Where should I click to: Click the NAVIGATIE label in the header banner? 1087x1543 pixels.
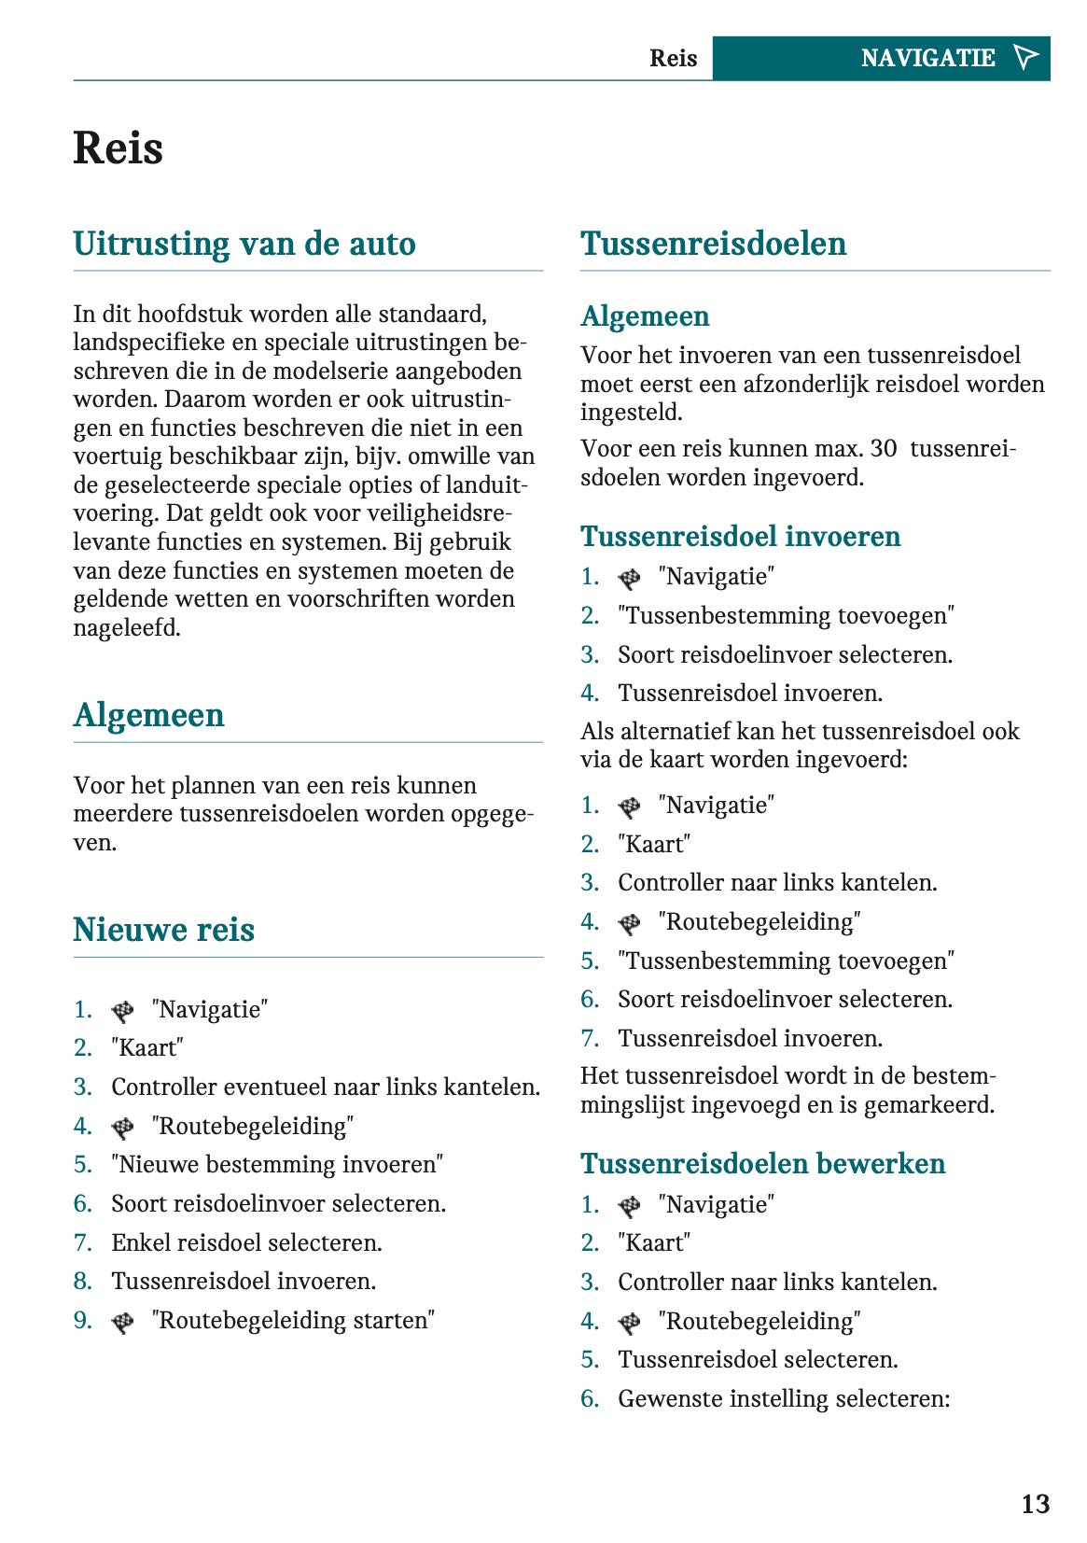point(927,59)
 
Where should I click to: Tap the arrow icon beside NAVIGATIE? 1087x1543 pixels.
point(1025,58)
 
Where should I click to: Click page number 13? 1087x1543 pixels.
point(1035,1504)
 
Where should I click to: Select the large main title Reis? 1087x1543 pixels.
point(118,148)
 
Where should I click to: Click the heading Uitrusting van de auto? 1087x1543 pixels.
point(244,244)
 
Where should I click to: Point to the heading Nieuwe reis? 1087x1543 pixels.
point(164,930)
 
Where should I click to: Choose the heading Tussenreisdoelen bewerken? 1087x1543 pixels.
point(762,1164)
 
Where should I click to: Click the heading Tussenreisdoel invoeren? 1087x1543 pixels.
point(740,537)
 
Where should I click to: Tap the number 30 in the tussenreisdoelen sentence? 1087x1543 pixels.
point(884,449)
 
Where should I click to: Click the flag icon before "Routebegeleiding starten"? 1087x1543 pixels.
point(122,1323)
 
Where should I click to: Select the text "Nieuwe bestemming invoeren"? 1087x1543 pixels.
point(277,1165)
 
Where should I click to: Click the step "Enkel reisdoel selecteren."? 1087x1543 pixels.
point(246,1243)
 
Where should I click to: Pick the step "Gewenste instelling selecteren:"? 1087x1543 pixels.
point(784,1399)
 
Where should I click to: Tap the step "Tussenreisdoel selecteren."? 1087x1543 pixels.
point(758,1360)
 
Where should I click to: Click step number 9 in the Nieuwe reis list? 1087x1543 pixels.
point(83,1321)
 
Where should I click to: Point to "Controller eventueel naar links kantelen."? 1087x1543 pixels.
point(326,1087)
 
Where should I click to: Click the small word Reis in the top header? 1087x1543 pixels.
point(673,59)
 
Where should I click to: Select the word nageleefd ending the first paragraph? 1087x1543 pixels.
point(127,628)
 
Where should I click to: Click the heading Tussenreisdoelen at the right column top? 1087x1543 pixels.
point(713,244)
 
